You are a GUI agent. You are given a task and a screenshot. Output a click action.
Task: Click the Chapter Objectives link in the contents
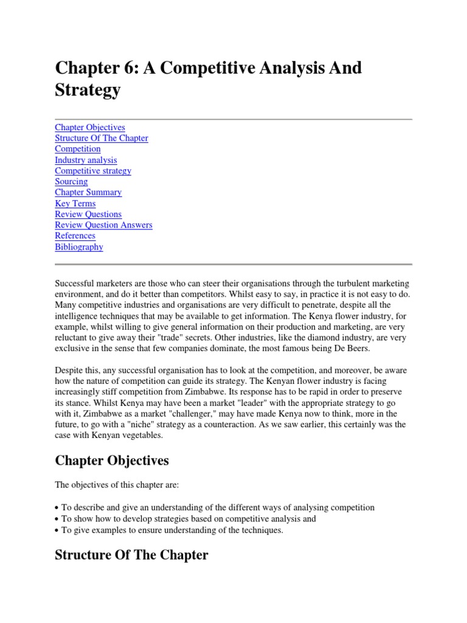coord(90,127)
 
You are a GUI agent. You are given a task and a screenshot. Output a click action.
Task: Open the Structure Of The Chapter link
coord(102,138)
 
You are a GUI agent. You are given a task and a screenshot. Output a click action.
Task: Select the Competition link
coord(78,149)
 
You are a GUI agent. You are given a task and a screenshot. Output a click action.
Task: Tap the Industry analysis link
coord(86,160)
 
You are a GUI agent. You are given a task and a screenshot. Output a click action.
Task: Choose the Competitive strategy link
coord(93,171)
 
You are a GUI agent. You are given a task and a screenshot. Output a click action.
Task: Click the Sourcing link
coord(71,181)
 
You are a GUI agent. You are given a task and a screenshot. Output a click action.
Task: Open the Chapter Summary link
coord(88,192)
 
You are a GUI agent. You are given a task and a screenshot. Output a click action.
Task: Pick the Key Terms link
coord(75,203)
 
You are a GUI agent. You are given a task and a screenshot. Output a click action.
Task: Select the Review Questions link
coord(88,214)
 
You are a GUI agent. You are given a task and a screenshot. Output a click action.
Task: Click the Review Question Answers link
coord(103,225)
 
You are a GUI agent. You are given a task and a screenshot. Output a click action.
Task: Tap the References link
coord(75,235)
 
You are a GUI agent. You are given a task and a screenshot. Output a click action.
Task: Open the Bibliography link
coord(79,247)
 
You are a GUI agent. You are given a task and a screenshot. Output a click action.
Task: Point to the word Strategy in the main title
coord(88,91)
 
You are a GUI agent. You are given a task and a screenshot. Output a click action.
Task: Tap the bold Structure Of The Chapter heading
coord(131,555)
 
